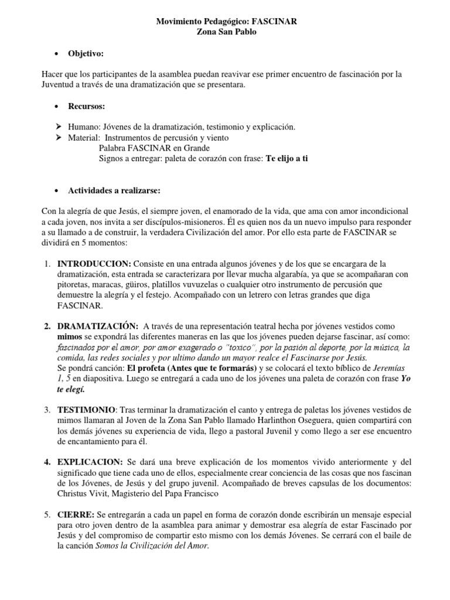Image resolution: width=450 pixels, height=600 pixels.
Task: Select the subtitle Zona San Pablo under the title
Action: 225,32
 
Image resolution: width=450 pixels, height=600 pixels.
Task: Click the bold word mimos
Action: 69,336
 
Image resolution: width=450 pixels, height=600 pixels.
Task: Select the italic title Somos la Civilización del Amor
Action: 152,545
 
